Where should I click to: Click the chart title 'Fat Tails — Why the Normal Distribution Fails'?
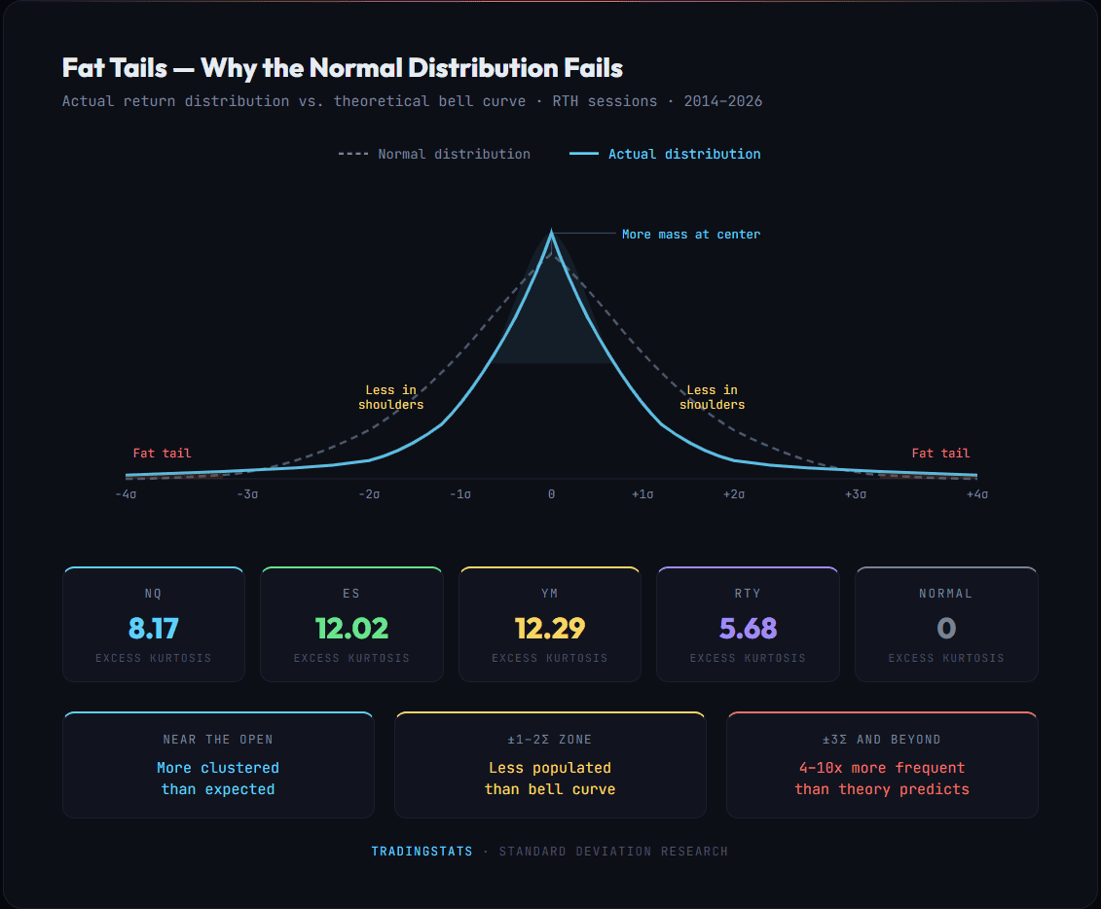click(x=342, y=68)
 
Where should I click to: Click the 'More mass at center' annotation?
click(x=691, y=235)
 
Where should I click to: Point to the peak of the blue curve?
click(x=551, y=233)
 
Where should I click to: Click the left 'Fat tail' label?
click(x=162, y=454)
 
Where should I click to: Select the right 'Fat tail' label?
click(x=940, y=454)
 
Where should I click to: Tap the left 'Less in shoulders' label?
click(x=390, y=397)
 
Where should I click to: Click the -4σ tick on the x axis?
click(x=126, y=494)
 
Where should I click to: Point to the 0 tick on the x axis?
click(x=551, y=494)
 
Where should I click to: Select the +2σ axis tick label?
click(x=734, y=494)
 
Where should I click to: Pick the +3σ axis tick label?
click(x=855, y=494)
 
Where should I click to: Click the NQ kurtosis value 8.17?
click(x=153, y=628)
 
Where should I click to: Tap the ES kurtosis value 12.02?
click(x=351, y=628)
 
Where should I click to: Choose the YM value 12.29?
click(x=549, y=628)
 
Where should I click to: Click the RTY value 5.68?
click(x=748, y=628)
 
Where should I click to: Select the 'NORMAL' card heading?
click(x=945, y=594)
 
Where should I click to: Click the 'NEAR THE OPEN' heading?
click(x=218, y=740)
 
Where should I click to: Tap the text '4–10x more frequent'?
click(x=881, y=768)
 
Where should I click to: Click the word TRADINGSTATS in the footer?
click(x=422, y=852)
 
